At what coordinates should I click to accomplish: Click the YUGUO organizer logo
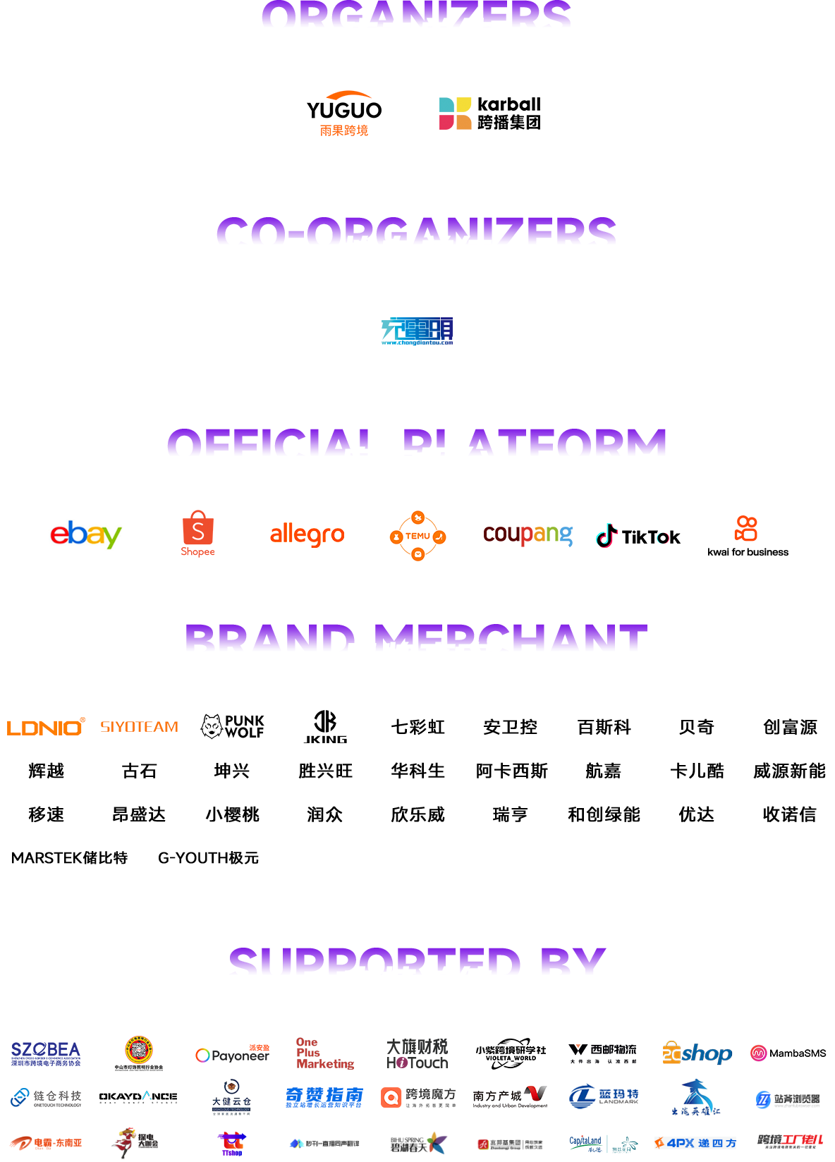pyautogui.click(x=343, y=113)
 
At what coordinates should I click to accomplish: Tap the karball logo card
pyautogui.click(x=489, y=113)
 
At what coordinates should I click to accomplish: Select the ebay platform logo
pyautogui.click(x=87, y=535)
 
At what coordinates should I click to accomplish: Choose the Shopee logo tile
pyautogui.click(x=198, y=535)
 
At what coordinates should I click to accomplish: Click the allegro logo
pyautogui.click(x=307, y=535)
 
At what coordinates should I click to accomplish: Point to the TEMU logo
pyautogui.click(x=417, y=535)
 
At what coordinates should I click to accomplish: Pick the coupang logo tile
pyautogui.click(x=528, y=535)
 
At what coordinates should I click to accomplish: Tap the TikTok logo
pyautogui.click(x=639, y=535)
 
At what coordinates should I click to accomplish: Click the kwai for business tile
pyautogui.click(x=748, y=535)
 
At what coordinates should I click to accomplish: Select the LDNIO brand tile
pyautogui.click(x=46, y=726)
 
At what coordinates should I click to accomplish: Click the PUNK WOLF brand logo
pyautogui.click(x=232, y=726)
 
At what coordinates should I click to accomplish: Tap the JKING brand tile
pyautogui.click(x=325, y=726)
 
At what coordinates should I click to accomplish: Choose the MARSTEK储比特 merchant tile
pyautogui.click(x=69, y=857)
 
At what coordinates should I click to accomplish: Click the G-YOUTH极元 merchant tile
pyautogui.click(x=209, y=857)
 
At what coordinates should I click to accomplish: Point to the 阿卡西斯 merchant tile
pyautogui.click(x=511, y=771)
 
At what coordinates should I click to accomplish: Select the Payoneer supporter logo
pyautogui.click(x=232, y=1054)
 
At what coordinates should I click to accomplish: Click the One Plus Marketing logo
pyautogui.click(x=325, y=1054)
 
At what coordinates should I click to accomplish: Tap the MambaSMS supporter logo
pyautogui.click(x=789, y=1054)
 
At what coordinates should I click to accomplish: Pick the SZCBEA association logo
pyautogui.click(x=46, y=1054)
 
